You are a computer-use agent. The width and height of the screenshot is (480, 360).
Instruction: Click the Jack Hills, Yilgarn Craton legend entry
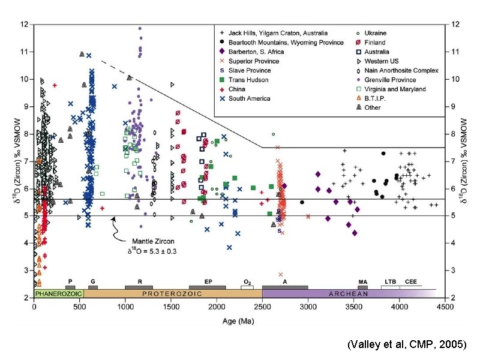pyautogui.click(x=276, y=33)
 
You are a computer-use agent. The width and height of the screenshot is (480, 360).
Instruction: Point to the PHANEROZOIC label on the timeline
pyautogui.click(x=58, y=293)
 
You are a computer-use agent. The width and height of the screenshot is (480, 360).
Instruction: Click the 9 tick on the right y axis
pyautogui.click(x=455, y=106)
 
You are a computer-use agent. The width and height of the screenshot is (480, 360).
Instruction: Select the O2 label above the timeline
pyautogui.click(x=247, y=281)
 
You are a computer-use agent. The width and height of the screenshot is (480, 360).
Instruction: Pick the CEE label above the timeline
pyautogui.click(x=411, y=281)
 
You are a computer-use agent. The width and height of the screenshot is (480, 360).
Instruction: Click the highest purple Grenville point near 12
pyautogui.click(x=140, y=28)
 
